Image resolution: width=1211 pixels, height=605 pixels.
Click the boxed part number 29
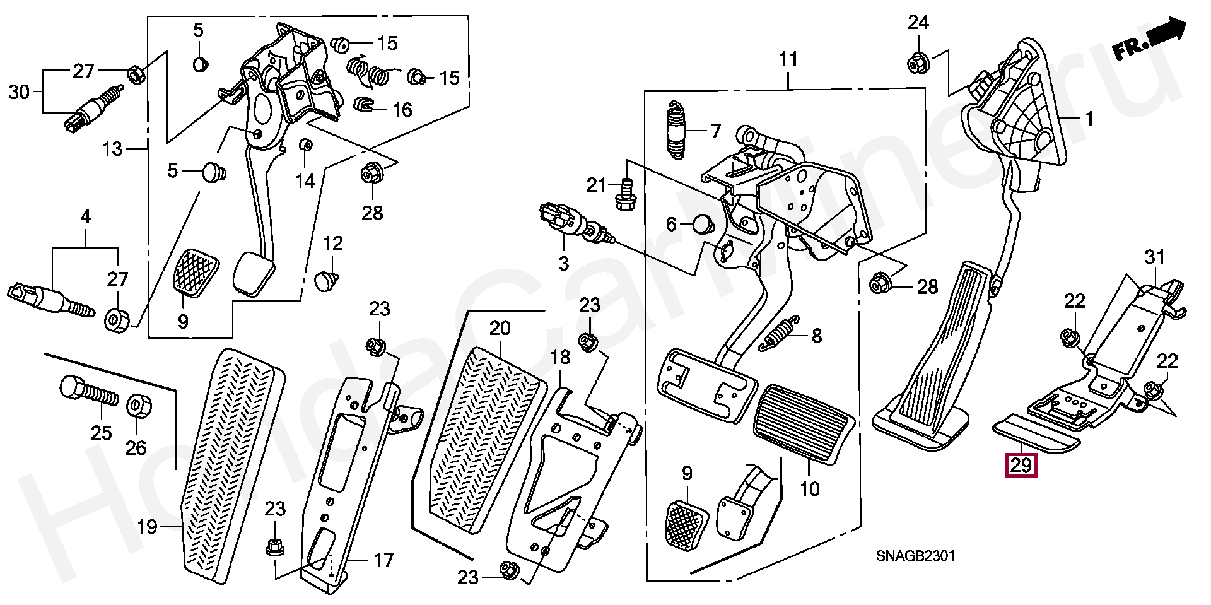click(1020, 466)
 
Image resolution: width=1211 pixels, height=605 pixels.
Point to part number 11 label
click(788, 59)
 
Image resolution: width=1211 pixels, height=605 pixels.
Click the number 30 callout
click(19, 92)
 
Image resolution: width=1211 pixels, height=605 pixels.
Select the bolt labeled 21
click(626, 196)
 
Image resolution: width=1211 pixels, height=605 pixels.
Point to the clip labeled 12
click(325, 280)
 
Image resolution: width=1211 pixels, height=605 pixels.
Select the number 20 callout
click(500, 328)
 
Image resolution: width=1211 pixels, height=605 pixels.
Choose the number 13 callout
click(112, 149)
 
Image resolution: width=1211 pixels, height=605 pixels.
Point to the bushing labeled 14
click(305, 145)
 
